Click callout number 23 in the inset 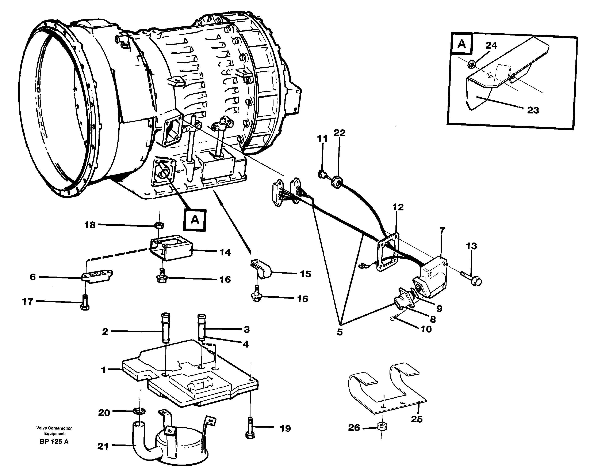pyautogui.click(x=533, y=110)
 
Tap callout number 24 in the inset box pyautogui.click(x=491, y=45)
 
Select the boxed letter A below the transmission pyautogui.click(x=195, y=220)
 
